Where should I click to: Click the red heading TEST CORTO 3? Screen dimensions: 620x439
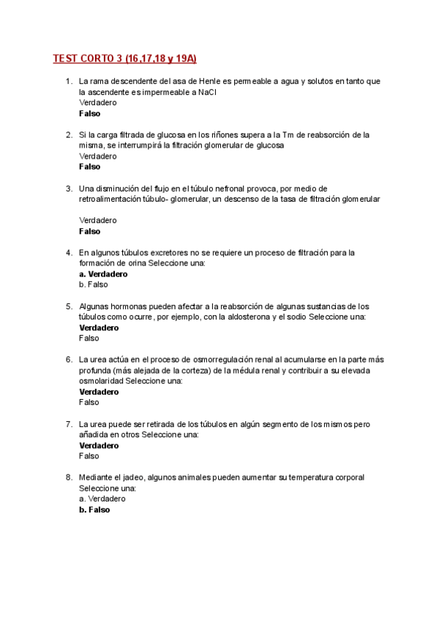tap(125, 58)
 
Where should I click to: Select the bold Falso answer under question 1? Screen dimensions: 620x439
tap(90, 113)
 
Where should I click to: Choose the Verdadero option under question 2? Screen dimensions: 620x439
tap(97, 156)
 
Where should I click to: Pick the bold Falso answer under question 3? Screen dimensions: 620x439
tap(90, 231)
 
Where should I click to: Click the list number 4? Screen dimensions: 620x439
tap(69, 252)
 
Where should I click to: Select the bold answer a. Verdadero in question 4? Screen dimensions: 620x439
tap(103, 274)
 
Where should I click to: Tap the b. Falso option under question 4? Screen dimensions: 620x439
tap(93, 284)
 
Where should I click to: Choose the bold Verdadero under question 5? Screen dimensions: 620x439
tap(99, 328)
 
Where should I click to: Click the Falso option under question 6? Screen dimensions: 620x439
tap(89, 402)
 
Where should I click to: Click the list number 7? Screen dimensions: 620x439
tap(69, 423)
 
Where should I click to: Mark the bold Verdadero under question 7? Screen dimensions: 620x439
tap(99, 445)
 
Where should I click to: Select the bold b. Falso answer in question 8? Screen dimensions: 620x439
tap(94, 510)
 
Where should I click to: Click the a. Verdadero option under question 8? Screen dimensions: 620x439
tap(102, 499)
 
